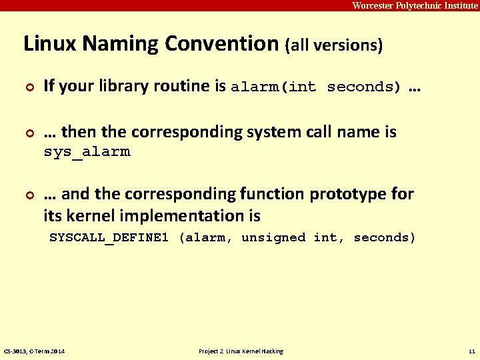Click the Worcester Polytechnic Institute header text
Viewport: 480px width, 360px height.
[x=415, y=5]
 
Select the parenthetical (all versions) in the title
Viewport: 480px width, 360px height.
[x=334, y=46]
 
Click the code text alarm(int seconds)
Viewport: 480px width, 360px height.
[x=316, y=87]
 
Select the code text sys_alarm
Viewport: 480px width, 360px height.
[x=87, y=151]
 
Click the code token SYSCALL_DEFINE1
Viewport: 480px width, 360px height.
[x=109, y=237]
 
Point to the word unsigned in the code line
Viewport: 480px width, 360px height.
[x=273, y=237]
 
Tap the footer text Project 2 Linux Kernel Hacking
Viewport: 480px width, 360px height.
[x=241, y=351]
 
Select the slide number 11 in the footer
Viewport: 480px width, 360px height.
[x=471, y=351]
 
